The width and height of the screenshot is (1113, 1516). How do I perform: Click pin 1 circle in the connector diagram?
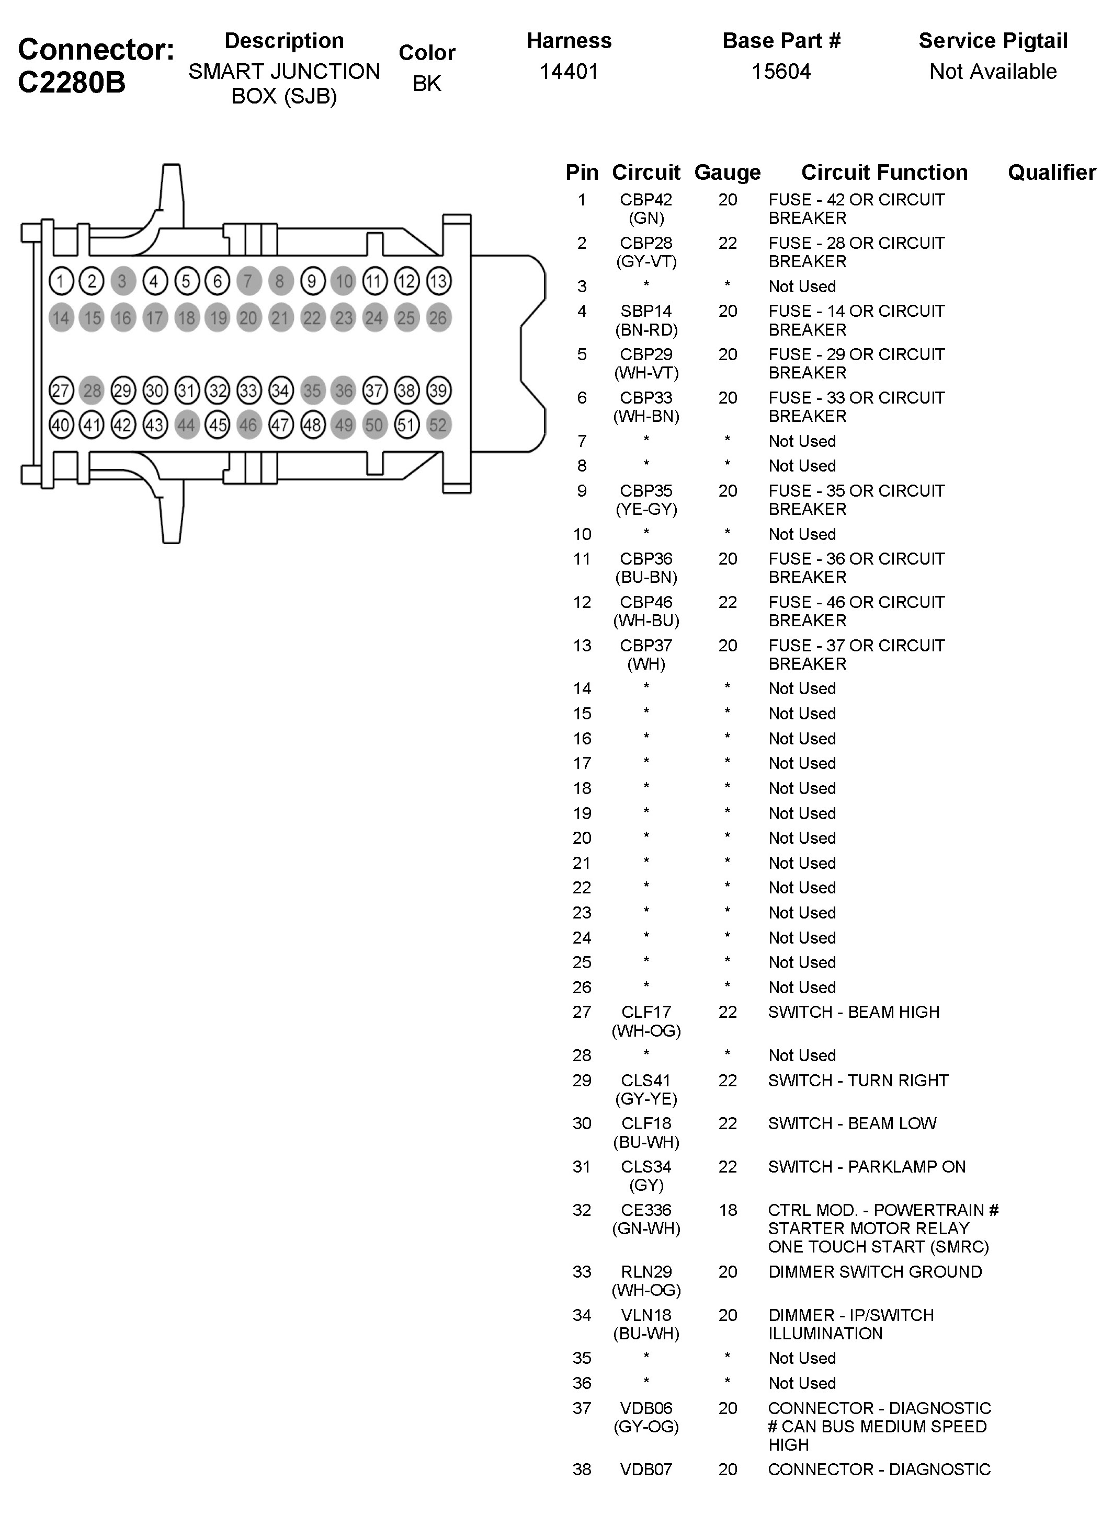pos(61,281)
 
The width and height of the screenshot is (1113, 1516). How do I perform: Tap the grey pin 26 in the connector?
pos(438,318)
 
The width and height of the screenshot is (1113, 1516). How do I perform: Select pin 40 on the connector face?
pos(61,425)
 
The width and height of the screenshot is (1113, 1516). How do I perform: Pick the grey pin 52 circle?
pos(438,425)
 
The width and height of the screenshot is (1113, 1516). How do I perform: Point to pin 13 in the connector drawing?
pos(438,281)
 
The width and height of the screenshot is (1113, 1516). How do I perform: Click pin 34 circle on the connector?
pos(280,390)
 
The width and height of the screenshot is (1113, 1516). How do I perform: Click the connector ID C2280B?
pos(72,83)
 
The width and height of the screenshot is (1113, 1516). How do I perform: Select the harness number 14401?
pos(569,72)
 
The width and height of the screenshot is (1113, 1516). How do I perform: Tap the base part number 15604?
pos(781,72)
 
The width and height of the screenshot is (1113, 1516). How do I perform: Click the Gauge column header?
pos(727,173)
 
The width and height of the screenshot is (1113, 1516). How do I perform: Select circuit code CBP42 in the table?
pos(645,200)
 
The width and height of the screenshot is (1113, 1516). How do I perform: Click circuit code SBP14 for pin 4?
pos(645,311)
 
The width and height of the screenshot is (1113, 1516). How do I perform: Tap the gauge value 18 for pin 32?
pos(727,1210)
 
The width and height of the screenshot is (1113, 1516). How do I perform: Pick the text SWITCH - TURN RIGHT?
pos(858,1080)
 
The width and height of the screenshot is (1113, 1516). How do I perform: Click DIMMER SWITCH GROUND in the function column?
pos(874,1271)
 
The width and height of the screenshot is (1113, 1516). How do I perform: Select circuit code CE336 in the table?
pos(645,1210)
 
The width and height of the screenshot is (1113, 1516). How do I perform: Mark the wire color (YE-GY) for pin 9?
pos(645,509)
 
